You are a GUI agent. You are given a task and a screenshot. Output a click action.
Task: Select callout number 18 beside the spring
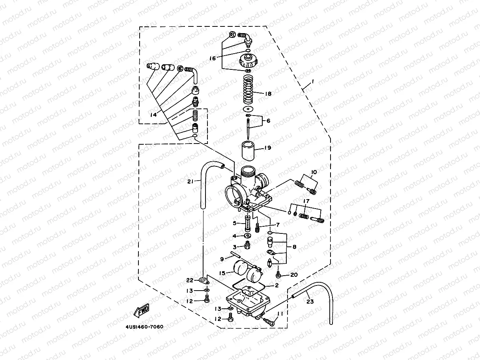268,94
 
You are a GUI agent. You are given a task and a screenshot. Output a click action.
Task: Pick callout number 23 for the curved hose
310,302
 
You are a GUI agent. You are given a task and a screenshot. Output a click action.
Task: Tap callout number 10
314,172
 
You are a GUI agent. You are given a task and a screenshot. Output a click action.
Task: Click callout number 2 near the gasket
277,285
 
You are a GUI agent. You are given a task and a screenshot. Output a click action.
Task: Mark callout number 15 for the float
222,273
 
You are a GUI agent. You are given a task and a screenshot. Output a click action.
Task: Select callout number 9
222,259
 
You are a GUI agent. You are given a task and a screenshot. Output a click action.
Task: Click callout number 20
293,275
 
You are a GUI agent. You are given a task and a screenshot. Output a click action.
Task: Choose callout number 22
190,280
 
